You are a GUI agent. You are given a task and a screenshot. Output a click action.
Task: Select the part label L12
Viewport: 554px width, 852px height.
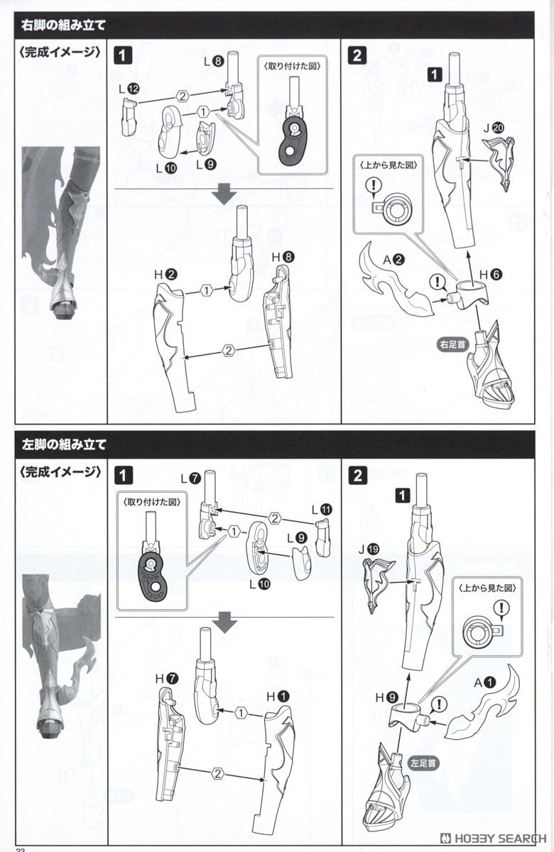[129, 89]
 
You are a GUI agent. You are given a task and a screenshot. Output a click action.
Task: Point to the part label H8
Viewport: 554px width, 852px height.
[284, 258]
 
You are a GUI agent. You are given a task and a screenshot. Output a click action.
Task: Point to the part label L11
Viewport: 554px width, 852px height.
[322, 509]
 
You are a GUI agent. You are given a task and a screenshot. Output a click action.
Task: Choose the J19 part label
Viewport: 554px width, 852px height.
[374, 547]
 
